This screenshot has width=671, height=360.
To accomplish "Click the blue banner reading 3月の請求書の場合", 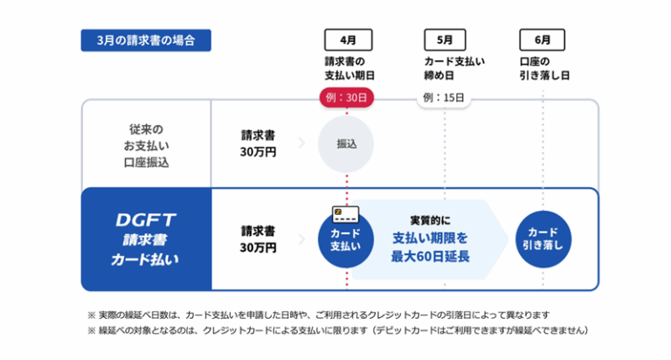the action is [146, 40].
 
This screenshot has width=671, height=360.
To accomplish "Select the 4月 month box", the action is [349, 40].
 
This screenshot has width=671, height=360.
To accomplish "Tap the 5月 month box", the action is [445, 40].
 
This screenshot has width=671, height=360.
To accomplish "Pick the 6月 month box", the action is [543, 40].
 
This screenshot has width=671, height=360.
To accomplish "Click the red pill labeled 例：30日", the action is [347, 98].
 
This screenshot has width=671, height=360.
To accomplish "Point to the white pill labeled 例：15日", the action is [444, 98].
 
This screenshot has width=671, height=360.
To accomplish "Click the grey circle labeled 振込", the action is [346, 144].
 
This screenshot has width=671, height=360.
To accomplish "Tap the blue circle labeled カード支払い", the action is [346, 239].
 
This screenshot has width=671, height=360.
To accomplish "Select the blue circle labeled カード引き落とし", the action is [543, 239].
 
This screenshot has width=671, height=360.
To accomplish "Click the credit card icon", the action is [346, 214].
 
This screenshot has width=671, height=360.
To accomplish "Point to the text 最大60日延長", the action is [430, 256].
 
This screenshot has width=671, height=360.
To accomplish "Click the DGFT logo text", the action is [146, 220].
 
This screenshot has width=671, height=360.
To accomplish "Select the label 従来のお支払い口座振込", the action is [147, 146].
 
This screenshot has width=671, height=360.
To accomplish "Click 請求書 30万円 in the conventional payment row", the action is [258, 144].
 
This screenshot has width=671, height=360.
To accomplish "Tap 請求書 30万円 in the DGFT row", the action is [258, 239].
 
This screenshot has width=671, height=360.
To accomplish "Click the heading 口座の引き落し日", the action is [544, 68].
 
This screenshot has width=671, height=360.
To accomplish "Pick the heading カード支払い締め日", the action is [454, 68].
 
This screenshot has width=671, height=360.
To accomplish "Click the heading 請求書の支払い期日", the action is [349, 68].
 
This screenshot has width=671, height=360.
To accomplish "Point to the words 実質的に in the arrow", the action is [430, 220].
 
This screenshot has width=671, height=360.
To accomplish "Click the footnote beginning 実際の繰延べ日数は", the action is [318, 315].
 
